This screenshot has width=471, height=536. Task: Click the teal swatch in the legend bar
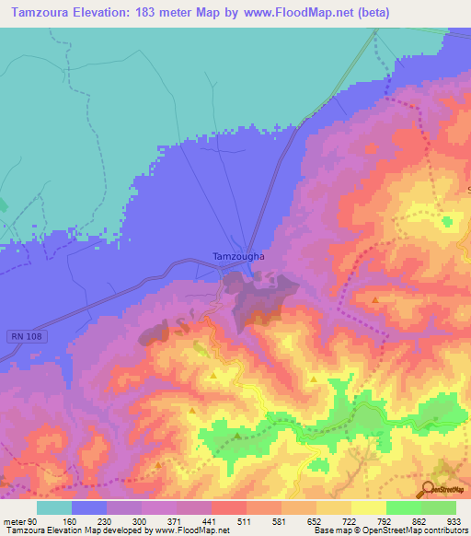click(x=54, y=507)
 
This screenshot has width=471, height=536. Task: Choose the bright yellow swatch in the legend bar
click(x=369, y=507)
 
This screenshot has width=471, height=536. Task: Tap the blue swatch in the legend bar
click(x=89, y=507)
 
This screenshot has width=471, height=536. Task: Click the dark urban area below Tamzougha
click(x=262, y=299)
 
